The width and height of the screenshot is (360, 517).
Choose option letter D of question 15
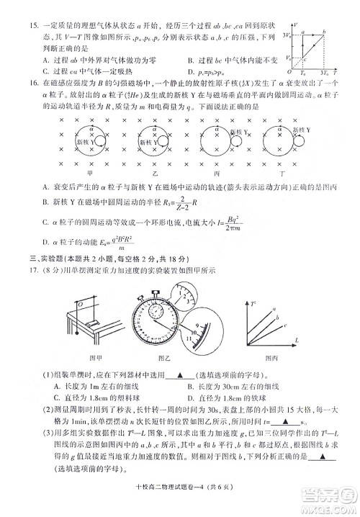pyautogui.click(x=189, y=73)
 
